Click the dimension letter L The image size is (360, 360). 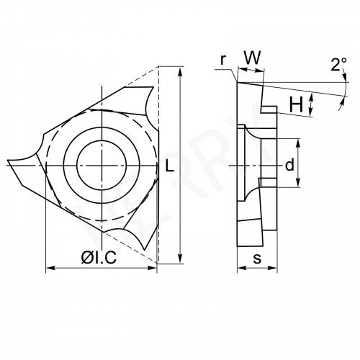pyautogui.click(x=170, y=166)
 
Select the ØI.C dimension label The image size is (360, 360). pyautogui.click(x=99, y=258)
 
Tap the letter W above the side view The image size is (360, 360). pyautogui.click(x=252, y=58)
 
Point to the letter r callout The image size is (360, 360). pyautogui.click(x=223, y=60)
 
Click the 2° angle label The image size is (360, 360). pyautogui.click(x=338, y=64)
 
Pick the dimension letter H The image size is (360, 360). pyautogui.click(x=296, y=104)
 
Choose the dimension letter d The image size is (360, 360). pyautogui.click(x=289, y=165)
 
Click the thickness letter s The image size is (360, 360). pyautogui.click(x=257, y=258)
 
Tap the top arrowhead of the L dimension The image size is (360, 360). pyautogui.click(x=180, y=72)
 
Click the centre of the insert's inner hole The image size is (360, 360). pyautogui.click(x=102, y=166)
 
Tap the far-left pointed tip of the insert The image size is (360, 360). pyautogui.click(x=8, y=160)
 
